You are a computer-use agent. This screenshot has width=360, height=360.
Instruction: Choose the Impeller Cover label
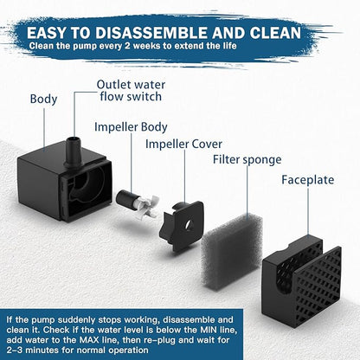pos(184,145)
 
